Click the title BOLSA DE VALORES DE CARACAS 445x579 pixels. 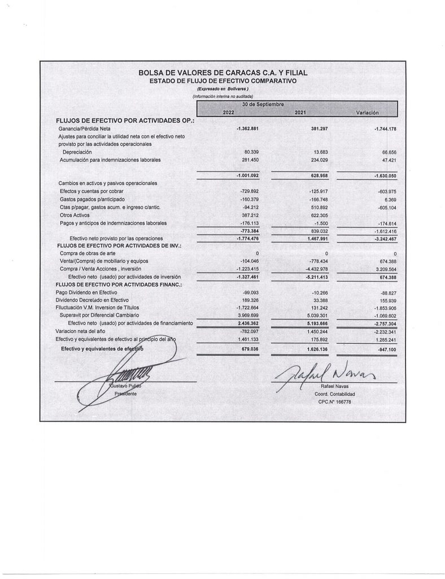(x=223, y=73)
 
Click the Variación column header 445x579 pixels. (x=369, y=114)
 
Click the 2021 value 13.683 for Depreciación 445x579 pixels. (x=320, y=152)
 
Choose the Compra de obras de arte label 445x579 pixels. (x=84, y=253)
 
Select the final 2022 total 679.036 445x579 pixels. (x=247, y=349)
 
